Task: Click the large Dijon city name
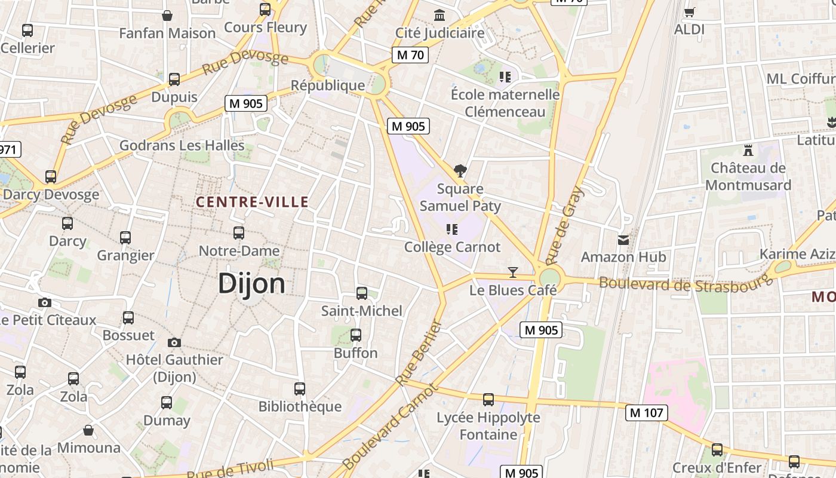click(x=251, y=283)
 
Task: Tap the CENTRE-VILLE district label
click(x=252, y=202)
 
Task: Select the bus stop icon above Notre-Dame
click(x=239, y=232)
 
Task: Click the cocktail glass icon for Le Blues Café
click(x=512, y=272)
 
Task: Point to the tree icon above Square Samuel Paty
click(x=460, y=171)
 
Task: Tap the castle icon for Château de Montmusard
click(x=748, y=150)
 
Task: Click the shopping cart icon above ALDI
click(x=689, y=12)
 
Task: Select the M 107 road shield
click(x=647, y=412)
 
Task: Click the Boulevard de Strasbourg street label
click(x=686, y=283)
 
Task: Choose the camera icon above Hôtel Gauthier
click(x=174, y=342)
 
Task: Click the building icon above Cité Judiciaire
click(x=440, y=15)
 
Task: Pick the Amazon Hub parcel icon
click(x=623, y=240)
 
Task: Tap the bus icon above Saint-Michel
click(x=361, y=293)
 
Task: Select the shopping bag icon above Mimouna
click(x=88, y=430)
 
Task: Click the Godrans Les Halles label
click(x=182, y=145)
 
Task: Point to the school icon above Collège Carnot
click(x=452, y=229)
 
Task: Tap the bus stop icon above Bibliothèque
click(x=300, y=388)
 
